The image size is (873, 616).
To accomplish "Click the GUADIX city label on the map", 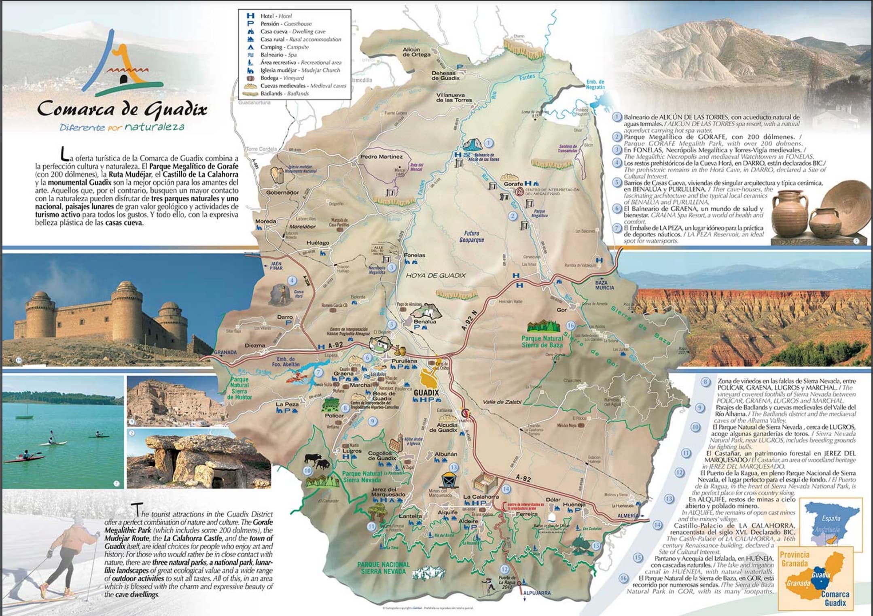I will [426, 393].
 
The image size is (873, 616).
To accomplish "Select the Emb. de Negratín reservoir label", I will [595, 85].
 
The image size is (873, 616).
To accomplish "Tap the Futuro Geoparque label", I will [471, 236].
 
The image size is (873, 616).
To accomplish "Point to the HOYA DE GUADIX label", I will [436, 275].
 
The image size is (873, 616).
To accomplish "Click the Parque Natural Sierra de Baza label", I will [542, 342].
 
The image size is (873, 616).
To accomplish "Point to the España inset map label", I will [831, 518].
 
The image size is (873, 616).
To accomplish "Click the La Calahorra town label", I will [481, 496].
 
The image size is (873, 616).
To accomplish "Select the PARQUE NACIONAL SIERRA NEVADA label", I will [383, 568].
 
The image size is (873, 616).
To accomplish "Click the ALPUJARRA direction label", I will [537, 593].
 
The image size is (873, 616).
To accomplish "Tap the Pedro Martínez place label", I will [381, 157].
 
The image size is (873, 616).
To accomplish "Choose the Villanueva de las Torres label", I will [454, 97].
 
